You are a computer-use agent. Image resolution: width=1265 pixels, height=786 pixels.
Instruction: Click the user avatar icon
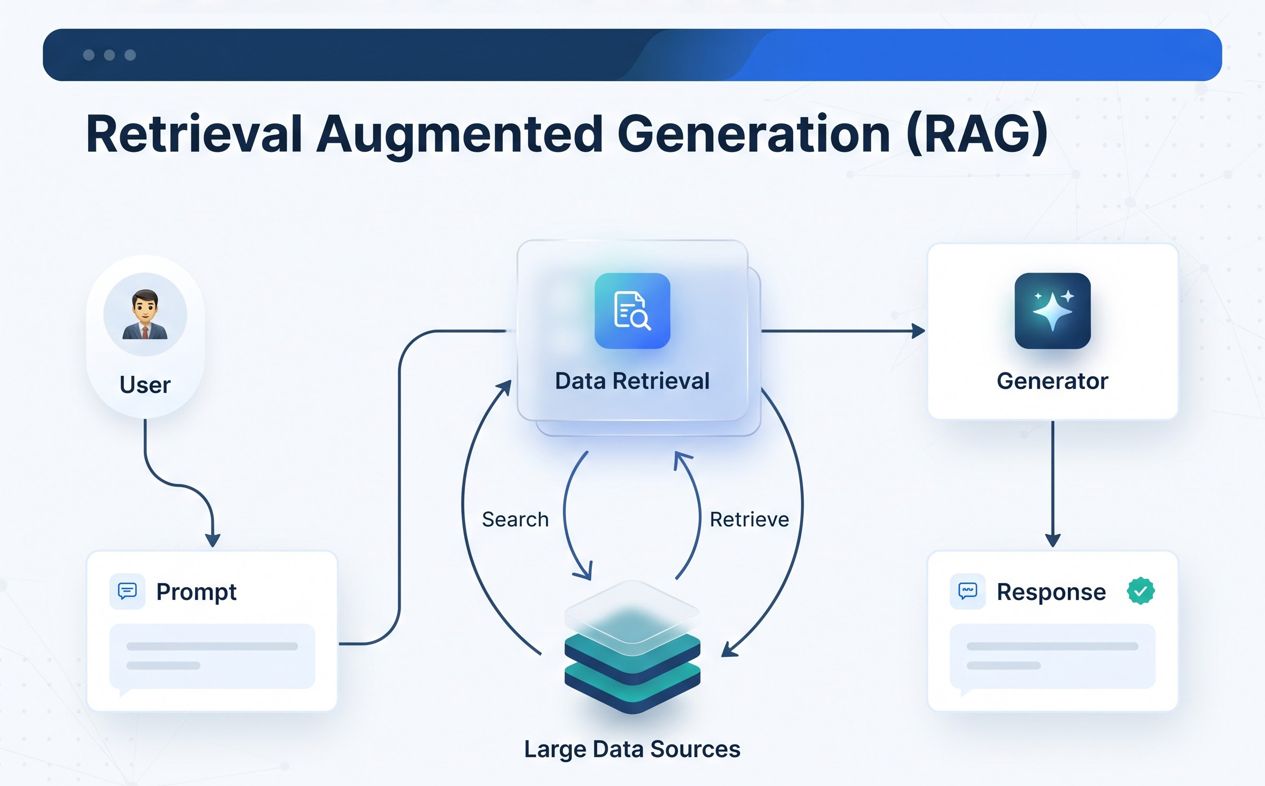tap(145, 315)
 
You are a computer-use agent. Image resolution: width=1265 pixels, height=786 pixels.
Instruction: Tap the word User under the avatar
tap(145, 385)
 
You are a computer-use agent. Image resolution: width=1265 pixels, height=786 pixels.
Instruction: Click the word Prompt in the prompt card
tap(196, 593)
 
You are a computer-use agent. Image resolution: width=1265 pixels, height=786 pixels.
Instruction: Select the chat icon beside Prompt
tap(127, 591)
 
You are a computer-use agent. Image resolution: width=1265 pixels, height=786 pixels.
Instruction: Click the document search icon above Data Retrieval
tap(632, 310)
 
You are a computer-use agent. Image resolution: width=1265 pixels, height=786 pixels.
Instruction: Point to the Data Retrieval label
tap(632, 381)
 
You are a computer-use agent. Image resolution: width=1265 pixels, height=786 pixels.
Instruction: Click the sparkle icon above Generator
tap(1053, 310)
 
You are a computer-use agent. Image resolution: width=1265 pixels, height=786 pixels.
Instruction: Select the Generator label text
tap(1053, 381)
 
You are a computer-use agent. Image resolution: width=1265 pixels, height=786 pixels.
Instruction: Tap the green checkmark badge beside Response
tap(1141, 591)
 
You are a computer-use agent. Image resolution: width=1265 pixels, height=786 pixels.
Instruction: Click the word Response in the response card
tap(1051, 593)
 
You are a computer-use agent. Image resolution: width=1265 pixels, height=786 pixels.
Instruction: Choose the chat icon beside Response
tap(968, 591)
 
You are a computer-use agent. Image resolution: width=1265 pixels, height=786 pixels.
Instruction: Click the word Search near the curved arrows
tap(515, 519)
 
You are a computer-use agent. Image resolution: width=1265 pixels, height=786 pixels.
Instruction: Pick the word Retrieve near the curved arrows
tap(749, 519)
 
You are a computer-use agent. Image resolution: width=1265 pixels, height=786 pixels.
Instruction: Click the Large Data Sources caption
tap(632, 749)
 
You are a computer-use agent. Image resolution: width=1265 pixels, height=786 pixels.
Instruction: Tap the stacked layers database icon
tap(632, 647)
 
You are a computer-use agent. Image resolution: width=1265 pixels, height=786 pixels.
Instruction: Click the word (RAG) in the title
tap(977, 134)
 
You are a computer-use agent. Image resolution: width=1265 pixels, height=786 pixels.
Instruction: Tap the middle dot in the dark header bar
tap(110, 55)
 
